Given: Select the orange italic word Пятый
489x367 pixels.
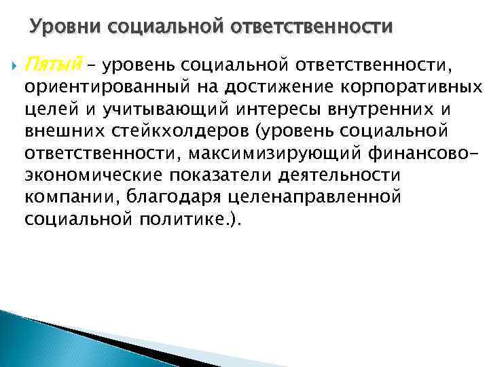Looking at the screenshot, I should [x=52, y=65].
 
